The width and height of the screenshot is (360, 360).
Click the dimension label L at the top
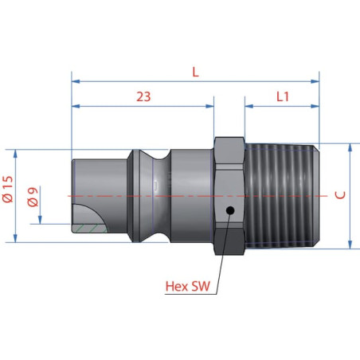click(x=195, y=72)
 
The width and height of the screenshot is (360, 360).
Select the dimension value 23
click(x=143, y=97)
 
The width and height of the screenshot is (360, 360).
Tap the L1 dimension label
click(x=283, y=96)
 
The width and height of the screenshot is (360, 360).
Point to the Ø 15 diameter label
click(x=9, y=189)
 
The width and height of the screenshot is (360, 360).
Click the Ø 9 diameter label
click(x=33, y=197)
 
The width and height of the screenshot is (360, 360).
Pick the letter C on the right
click(x=340, y=195)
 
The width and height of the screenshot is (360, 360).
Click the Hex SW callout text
click(x=188, y=286)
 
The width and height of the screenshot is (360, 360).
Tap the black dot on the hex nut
click(x=230, y=210)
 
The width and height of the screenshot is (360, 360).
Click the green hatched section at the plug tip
click(x=89, y=229)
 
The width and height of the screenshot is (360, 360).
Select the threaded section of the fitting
click(x=282, y=196)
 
